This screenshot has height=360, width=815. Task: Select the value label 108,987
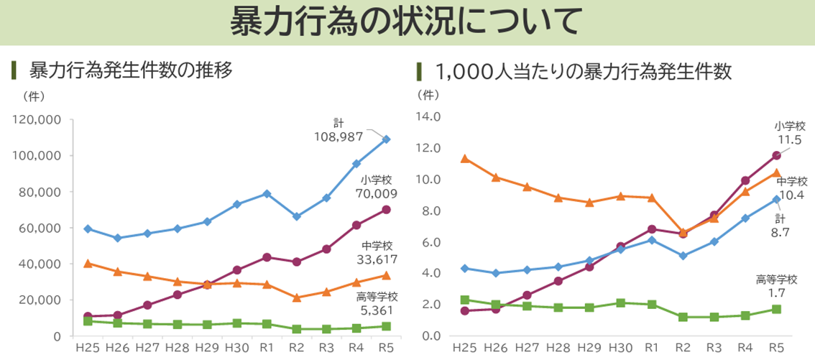click(339, 137)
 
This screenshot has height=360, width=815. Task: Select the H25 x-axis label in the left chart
click(88, 349)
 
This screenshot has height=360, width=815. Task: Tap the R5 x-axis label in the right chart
click(776, 349)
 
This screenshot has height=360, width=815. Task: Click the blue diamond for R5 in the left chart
click(386, 139)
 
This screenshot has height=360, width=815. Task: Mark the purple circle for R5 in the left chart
click(386, 210)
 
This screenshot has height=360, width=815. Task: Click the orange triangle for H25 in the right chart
click(465, 158)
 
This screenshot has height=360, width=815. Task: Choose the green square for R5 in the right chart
click(776, 309)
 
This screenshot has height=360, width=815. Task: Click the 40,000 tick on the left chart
click(40, 264)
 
